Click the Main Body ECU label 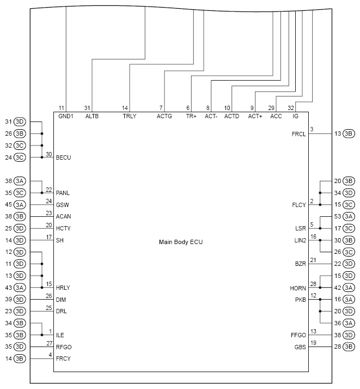[181, 241]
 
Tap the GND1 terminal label [66, 117]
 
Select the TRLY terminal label [130, 117]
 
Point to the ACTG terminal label [164, 117]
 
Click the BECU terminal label [64, 157]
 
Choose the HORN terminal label [298, 288]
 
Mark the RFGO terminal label [64, 347]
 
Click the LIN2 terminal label [300, 240]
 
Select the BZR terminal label [301, 264]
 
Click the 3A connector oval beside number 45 [20, 205]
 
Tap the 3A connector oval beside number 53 [349, 216]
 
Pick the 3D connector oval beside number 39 [20, 300]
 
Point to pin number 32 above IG [291, 108]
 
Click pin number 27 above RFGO [48, 343]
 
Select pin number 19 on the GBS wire [313, 343]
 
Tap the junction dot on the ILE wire [42, 335]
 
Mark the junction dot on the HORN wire [320, 288]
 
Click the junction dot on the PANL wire [42, 192]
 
